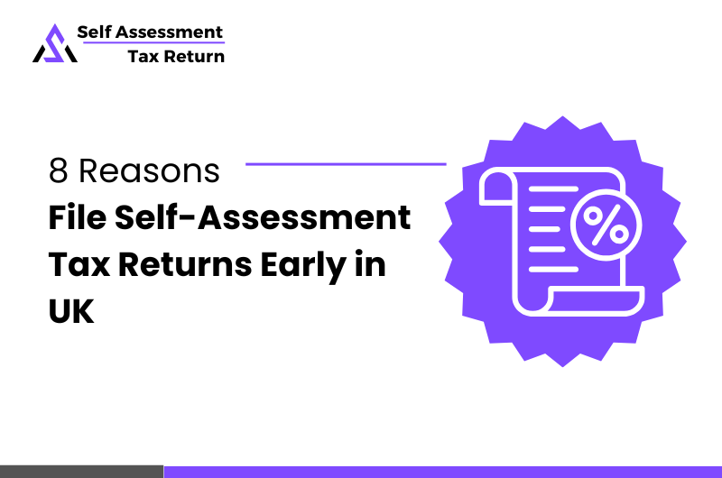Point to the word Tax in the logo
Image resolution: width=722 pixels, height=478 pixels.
[144, 56]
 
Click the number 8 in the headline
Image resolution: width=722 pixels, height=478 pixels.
[58, 171]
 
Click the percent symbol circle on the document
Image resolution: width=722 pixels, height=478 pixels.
[604, 226]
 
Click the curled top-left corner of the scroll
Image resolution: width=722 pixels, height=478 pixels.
[495, 188]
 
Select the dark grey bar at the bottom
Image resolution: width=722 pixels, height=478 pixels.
[81, 471]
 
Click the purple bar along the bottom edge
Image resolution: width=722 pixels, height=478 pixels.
[442, 471]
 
